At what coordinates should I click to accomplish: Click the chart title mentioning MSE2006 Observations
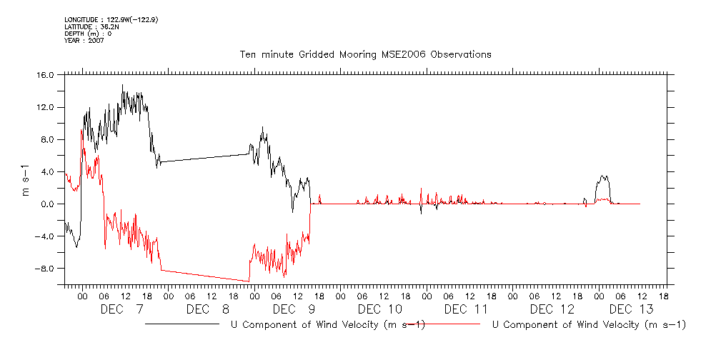(x=365, y=54)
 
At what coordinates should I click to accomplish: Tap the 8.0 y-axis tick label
(x=47, y=139)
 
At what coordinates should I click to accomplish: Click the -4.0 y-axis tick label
(x=45, y=236)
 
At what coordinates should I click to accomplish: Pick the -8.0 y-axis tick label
(x=45, y=269)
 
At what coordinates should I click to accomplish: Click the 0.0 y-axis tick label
(x=47, y=204)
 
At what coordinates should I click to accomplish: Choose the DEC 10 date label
(x=380, y=309)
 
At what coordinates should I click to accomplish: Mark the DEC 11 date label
(x=466, y=309)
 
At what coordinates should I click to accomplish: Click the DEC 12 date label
(x=552, y=309)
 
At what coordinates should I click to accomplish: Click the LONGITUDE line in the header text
(x=111, y=19)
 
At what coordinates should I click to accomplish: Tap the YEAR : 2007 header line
(x=84, y=41)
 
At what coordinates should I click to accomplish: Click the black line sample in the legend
(x=182, y=324)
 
